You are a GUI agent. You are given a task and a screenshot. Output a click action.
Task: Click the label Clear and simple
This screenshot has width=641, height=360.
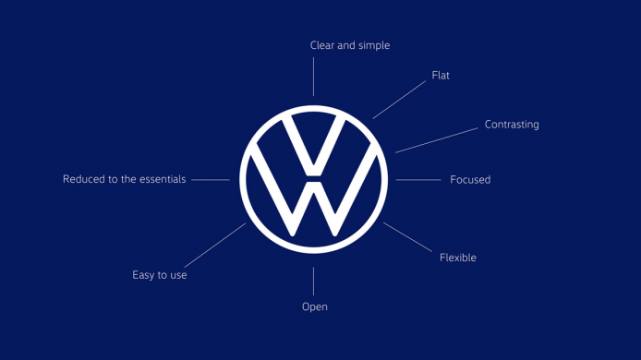coord(349,45)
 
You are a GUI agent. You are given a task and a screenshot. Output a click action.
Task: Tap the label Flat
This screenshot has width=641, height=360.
coord(441,75)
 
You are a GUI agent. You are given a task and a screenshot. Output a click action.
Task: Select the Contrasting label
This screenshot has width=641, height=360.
coord(512,125)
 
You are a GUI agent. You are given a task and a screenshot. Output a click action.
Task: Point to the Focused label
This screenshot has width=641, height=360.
coord(470,179)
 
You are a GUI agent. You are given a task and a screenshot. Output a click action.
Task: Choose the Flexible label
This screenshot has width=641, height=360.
coord(458,258)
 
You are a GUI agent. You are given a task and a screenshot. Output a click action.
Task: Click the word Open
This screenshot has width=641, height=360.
coord(314,306)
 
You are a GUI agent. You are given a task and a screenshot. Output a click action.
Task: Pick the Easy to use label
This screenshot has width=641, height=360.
coord(160,275)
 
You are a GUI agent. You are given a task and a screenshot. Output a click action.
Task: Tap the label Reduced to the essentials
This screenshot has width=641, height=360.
coord(124,179)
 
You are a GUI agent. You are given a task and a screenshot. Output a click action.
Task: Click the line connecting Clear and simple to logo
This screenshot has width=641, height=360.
coord(313,77)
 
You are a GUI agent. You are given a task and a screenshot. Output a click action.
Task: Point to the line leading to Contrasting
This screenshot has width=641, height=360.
coord(437,139)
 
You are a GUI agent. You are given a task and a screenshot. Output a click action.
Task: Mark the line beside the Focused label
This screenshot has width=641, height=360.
coord(417,179)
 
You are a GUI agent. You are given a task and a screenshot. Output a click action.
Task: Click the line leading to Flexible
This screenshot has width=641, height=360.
coord(406,237)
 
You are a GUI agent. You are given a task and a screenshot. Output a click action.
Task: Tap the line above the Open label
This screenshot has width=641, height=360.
coord(313,281)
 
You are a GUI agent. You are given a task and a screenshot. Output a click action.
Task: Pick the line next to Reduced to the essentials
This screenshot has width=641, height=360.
coord(210,179)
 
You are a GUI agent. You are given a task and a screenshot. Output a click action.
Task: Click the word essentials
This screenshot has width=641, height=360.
coord(158,179)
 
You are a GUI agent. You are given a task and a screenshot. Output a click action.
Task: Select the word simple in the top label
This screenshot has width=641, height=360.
coord(372,45)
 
